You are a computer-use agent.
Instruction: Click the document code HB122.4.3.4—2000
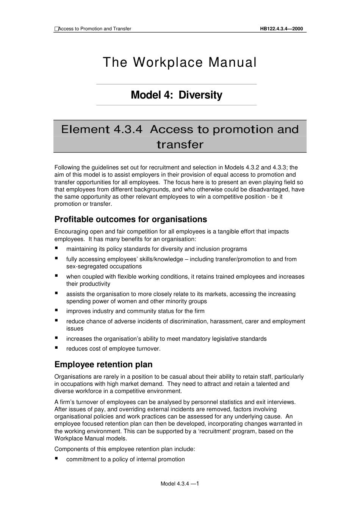pyautogui.click(x=281, y=29)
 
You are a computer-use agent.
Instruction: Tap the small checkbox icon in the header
pyautogui.click(x=56, y=29)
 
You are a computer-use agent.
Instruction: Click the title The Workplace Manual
pyautogui.click(x=180, y=63)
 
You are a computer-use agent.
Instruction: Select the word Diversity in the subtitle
pyautogui.click(x=200, y=95)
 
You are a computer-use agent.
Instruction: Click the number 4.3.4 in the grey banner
pyautogui.click(x=128, y=130)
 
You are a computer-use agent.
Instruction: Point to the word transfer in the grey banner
pyautogui.click(x=180, y=145)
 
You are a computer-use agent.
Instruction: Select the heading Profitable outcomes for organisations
pyautogui.click(x=131, y=219)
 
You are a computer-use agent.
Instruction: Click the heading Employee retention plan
pyautogui.click(x=103, y=365)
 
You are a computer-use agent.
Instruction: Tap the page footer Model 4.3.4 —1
pyautogui.click(x=180, y=484)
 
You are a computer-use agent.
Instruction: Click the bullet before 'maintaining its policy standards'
pyautogui.click(x=56, y=248)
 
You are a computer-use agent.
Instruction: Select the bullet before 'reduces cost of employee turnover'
pyautogui.click(x=56, y=348)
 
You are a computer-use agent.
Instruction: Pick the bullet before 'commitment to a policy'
pyautogui.click(x=56, y=459)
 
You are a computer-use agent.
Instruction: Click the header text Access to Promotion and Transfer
pyautogui.click(x=95, y=29)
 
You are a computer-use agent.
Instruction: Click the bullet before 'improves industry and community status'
pyautogui.click(x=56, y=310)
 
